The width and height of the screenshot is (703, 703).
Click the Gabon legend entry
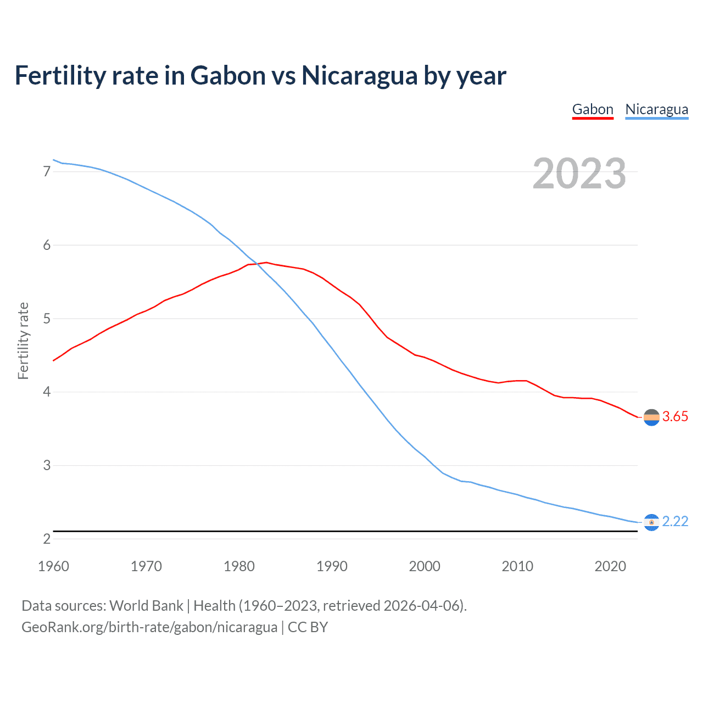pos(593,109)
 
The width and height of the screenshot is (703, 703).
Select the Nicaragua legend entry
pos(656,109)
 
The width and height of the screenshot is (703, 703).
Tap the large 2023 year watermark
pos(579,174)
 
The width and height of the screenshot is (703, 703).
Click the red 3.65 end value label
pos(675,417)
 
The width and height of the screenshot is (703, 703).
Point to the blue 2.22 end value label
pos(675,521)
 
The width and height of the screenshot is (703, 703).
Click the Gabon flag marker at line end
pos(651,417)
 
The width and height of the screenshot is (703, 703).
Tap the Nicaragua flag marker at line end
pos(651,522)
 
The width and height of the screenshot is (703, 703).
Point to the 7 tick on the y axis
pos(47,171)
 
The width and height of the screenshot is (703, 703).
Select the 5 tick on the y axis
pos(47,319)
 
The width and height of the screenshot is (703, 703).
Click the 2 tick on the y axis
pos(47,539)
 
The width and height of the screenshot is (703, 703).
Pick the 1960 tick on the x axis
pos(53,566)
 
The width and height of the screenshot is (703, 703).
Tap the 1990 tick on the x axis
pos(332,566)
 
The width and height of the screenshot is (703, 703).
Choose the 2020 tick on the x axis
pos(610,566)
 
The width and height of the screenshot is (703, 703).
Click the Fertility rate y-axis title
pos(23,341)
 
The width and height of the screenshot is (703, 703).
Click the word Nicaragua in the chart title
pos(359,76)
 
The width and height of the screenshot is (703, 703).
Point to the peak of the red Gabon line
pos(266,263)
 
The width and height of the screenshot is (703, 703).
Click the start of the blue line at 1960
pos(53,160)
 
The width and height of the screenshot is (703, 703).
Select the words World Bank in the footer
pos(146,606)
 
